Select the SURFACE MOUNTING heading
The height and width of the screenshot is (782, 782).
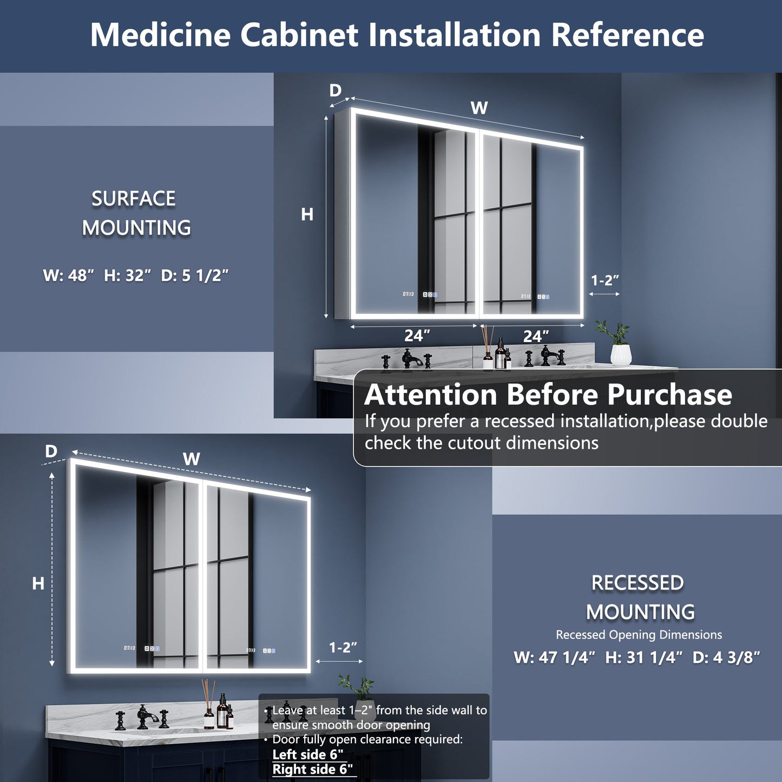tap(135, 213)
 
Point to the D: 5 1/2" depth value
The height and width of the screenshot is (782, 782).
tap(195, 275)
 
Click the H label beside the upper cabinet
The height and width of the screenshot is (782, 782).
tap(307, 215)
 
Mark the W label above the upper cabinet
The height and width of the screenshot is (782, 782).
tap(479, 108)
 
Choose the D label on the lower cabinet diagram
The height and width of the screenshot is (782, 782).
tap(51, 451)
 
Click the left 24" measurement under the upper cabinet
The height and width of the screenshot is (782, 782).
tap(417, 336)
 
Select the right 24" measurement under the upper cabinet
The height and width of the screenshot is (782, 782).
tap(536, 336)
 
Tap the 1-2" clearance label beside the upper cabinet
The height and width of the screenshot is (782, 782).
tap(604, 280)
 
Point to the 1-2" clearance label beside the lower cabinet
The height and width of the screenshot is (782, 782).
tap(343, 647)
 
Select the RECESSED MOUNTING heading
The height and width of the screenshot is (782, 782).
tap(639, 597)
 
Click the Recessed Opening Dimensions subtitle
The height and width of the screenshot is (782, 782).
tap(639, 634)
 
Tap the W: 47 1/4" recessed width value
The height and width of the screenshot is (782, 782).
tap(554, 658)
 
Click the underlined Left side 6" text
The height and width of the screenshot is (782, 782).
tap(307, 754)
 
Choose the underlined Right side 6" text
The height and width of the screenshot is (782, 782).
tap(312, 769)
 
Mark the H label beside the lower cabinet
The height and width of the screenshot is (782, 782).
tap(38, 583)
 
